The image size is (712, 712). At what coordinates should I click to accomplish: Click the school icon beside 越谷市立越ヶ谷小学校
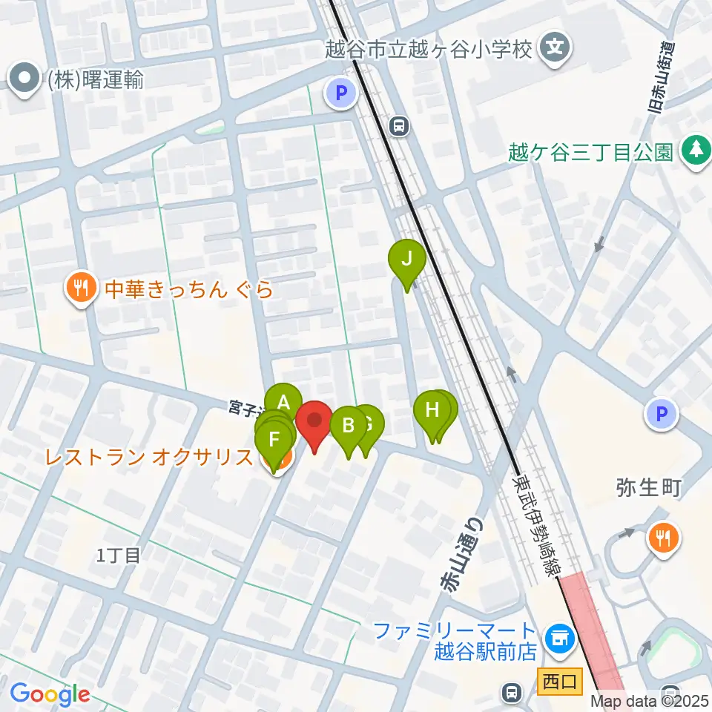556,49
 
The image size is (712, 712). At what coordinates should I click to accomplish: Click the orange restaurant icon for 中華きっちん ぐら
81,289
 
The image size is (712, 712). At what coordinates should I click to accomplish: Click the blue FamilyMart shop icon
558,639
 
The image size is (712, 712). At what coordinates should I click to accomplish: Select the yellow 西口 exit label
559,680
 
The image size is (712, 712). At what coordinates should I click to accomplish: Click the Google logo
50,695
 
